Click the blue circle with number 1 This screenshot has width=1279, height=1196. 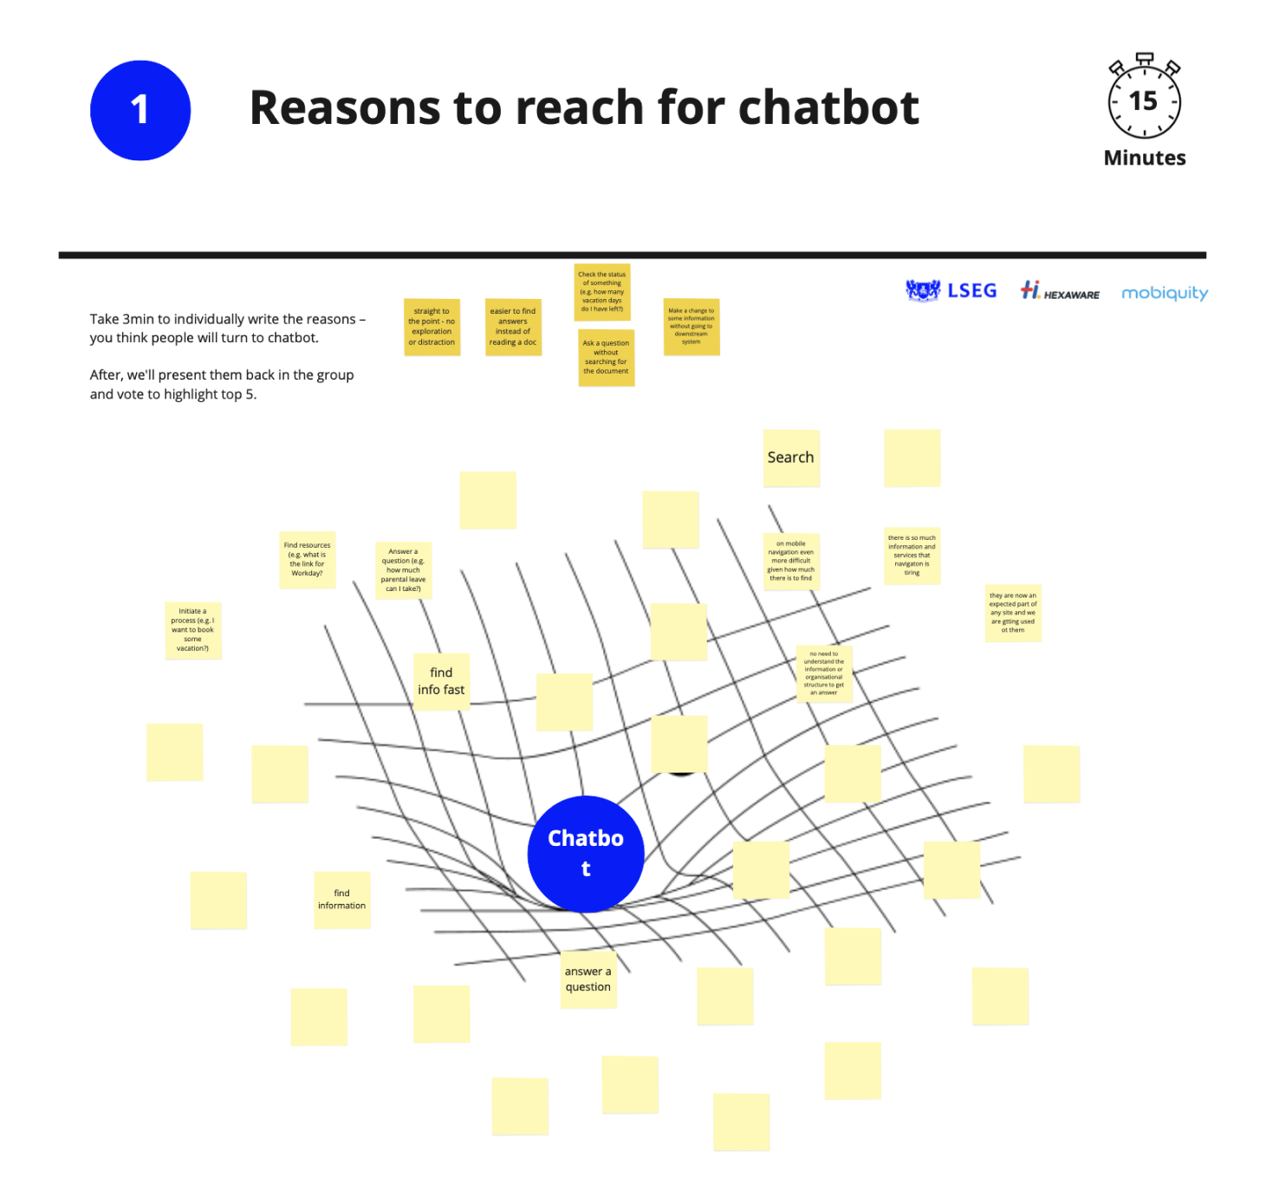pyautogui.click(x=140, y=110)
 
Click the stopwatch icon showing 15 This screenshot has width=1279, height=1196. pyautogui.click(x=1144, y=99)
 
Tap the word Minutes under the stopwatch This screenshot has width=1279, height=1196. pyautogui.click(x=1144, y=158)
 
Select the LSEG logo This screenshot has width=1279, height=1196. pyautogui.click(x=951, y=290)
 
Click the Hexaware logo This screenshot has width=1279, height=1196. pyautogui.click(x=1060, y=291)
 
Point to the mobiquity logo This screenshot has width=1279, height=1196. pyautogui.click(x=1164, y=293)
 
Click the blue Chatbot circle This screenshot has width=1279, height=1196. pyautogui.click(x=586, y=854)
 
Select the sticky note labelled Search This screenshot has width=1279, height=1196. pyautogui.click(x=791, y=458)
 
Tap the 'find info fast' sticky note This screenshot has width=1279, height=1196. pyautogui.click(x=441, y=681)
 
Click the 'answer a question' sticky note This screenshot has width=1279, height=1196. pyautogui.click(x=588, y=979)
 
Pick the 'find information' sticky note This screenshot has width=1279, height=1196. pyautogui.click(x=342, y=900)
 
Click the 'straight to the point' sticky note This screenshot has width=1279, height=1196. pyautogui.click(x=432, y=327)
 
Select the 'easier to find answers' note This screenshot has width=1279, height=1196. pyautogui.click(x=513, y=327)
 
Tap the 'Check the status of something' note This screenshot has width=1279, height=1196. pyautogui.click(x=602, y=292)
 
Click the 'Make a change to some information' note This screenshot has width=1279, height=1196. pyautogui.click(x=691, y=327)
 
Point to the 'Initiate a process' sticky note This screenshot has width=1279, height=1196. pyautogui.click(x=193, y=630)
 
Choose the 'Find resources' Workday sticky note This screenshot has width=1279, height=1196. pyautogui.click(x=308, y=560)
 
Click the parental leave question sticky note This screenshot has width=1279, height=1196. pyautogui.click(x=404, y=570)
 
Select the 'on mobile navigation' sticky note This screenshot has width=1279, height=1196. pyautogui.click(x=791, y=562)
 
